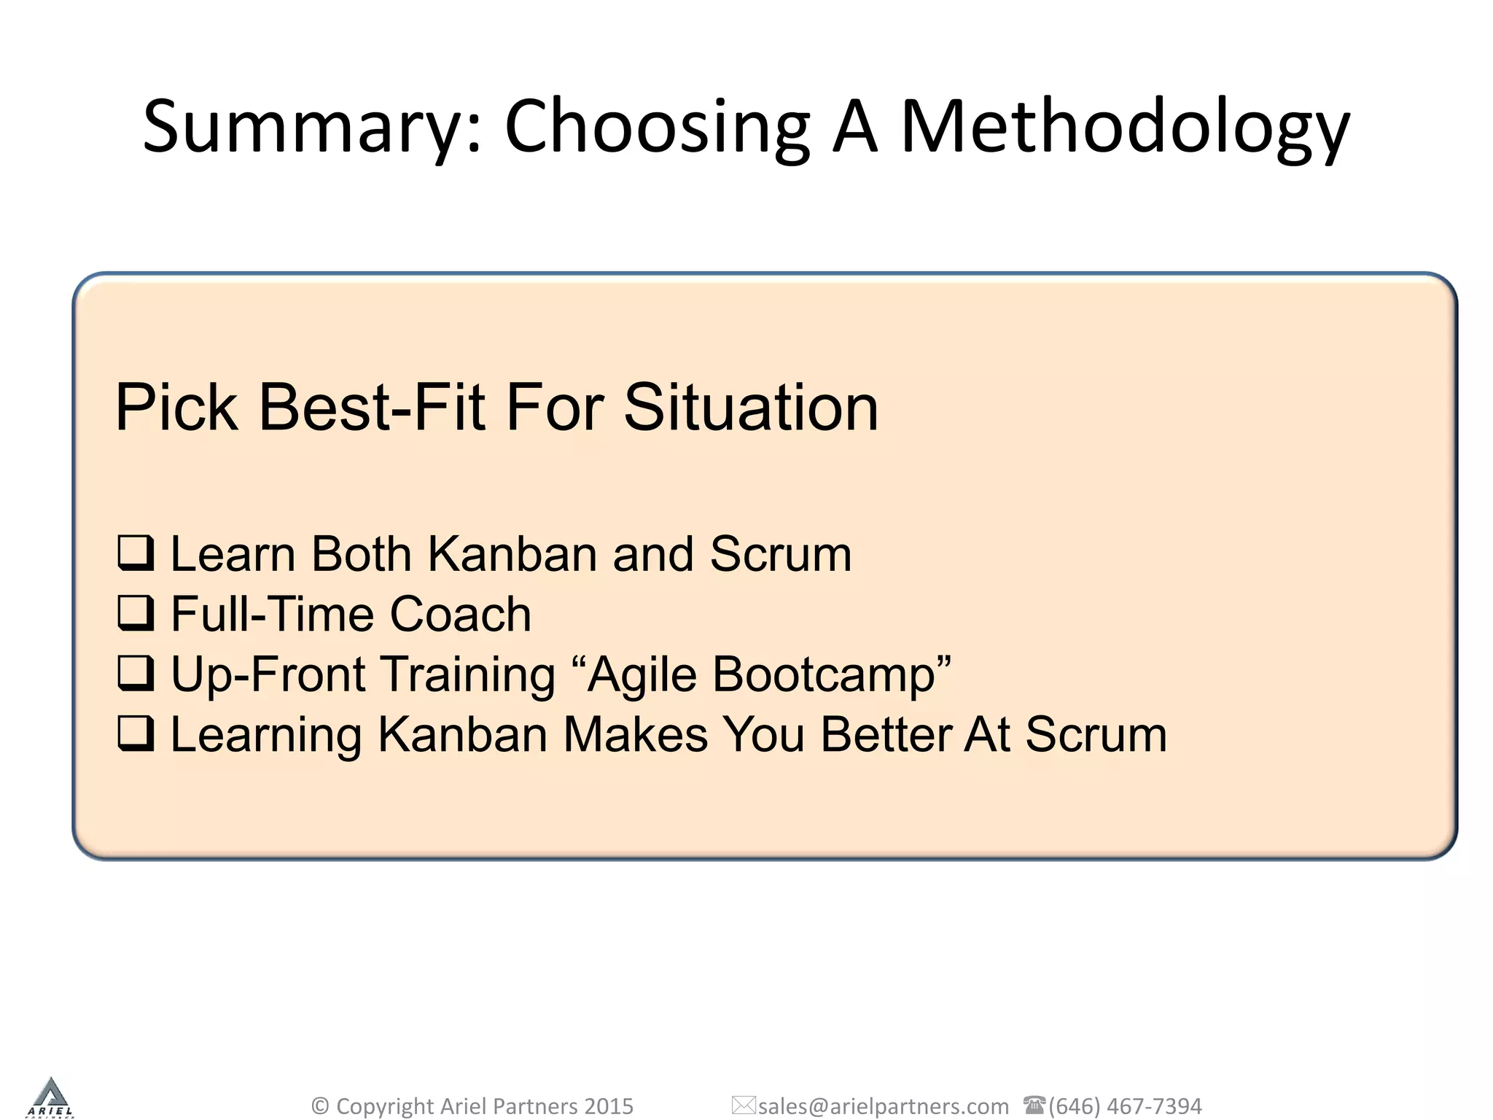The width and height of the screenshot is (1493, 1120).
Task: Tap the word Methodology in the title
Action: tap(1125, 128)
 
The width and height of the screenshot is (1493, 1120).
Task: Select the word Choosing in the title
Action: tap(657, 128)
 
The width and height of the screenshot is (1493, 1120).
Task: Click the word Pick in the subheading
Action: tap(177, 408)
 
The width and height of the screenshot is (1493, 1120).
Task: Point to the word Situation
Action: tap(751, 408)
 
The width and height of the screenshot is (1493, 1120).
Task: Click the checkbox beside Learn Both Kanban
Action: tap(136, 553)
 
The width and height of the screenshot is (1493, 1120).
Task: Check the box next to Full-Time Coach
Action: tap(136, 613)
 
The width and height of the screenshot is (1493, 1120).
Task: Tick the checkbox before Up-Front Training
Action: tap(136, 673)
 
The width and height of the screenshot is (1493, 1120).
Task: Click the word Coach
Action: tap(460, 614)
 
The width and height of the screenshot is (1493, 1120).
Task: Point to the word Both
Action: tap(362, 554)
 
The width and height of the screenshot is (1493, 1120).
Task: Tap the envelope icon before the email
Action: tap(744, 1105)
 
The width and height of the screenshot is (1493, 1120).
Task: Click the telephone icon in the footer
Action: tap(1034, 1105)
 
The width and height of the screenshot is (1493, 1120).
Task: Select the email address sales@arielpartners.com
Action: tap(884, 1106)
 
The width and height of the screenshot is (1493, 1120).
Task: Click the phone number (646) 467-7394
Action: tap(1125, 1106)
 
